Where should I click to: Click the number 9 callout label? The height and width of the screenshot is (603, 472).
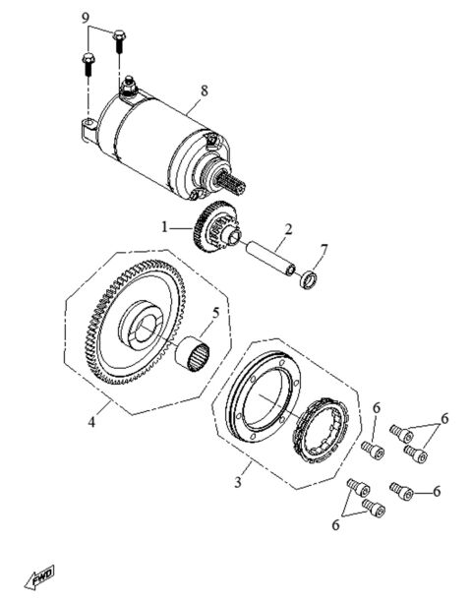point(85,19)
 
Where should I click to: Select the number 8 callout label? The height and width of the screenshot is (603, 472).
point(204,92)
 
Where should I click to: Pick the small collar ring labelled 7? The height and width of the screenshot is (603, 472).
point(307,281)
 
